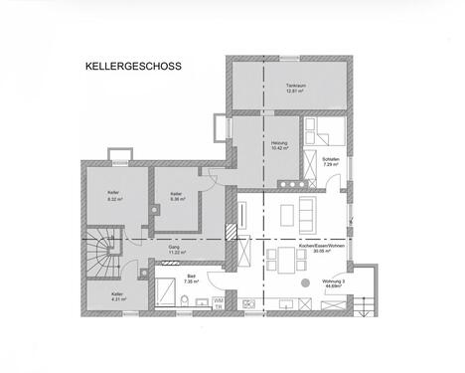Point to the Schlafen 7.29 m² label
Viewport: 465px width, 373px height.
332,160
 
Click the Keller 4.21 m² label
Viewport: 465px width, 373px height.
117,296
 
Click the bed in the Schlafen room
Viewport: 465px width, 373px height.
326,130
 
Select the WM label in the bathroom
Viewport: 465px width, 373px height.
219,298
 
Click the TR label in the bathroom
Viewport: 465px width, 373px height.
219,307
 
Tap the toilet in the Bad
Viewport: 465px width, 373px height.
185,301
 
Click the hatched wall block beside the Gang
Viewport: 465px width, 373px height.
231,232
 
